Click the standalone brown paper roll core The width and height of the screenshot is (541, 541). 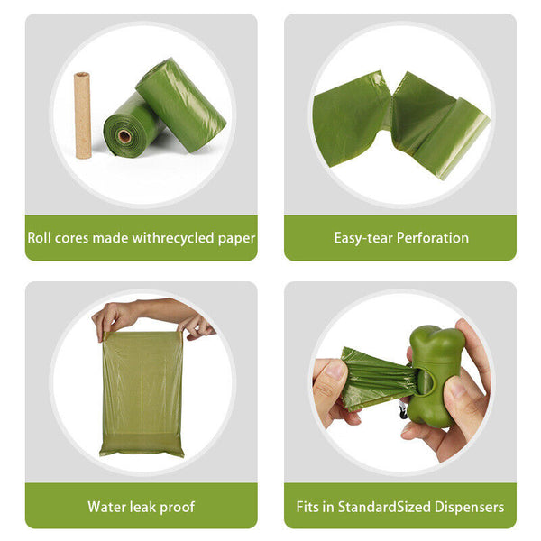coord(82,115)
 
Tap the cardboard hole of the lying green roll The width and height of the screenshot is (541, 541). coord(124,136)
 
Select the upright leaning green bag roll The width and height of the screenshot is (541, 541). coord(181,105)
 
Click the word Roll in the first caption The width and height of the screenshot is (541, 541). coord(39,238)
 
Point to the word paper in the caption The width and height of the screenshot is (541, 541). coord(236,239)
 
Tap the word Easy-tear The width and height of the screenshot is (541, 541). coord(363,238)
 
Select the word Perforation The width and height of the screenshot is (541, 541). coord(433,238)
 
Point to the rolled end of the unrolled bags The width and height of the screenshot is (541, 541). coord(452,138)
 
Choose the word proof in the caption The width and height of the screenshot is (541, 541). coord(178,508)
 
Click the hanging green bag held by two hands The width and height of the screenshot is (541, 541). coord(142,393)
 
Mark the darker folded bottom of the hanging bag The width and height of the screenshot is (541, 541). coord(142,445)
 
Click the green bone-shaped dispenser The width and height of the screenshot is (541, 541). coord(436,376)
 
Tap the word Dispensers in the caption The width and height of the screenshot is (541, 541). coord(469,508)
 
